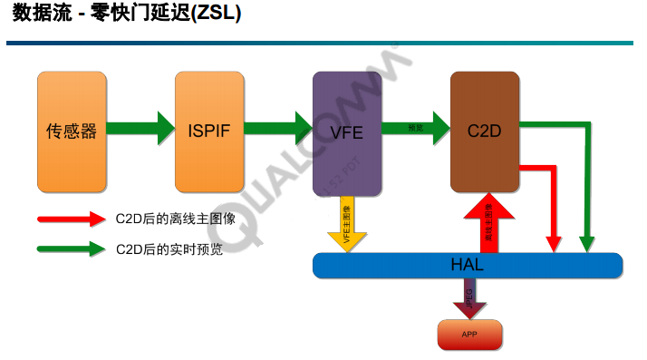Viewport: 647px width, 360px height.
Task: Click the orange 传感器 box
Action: pyautogui.click(x=71, y=131)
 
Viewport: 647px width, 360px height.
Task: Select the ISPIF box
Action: pyautogui.click(x=209, y=131)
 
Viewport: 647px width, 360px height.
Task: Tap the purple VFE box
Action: pyautogui.click(x=347, y=132)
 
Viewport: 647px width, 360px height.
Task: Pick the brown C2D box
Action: pyautogui.click(x=485, y=131)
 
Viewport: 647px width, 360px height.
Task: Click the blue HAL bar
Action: pyautogui.click(x=467, y=266)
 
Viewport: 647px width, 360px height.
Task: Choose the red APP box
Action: pyautogui.click(x=469, y=335)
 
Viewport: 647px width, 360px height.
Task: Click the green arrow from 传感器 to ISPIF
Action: pyautogui.click(x=140, y=128)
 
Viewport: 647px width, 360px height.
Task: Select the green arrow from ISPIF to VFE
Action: pyautogui.click(x=278, y=128)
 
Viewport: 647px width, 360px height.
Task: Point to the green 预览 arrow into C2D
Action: pyautogui.click(x=416, y=128)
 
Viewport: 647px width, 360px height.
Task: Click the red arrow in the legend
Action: pyautogui.click(x=72, y=219)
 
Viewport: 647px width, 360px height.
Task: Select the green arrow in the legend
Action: pyautogui.click(x=72, y=248)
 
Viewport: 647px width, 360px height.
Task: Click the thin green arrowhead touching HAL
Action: pyautogui.click(x=587, y=243)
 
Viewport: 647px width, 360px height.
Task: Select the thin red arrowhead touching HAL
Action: pyautogui.click(x=553, y=243)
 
